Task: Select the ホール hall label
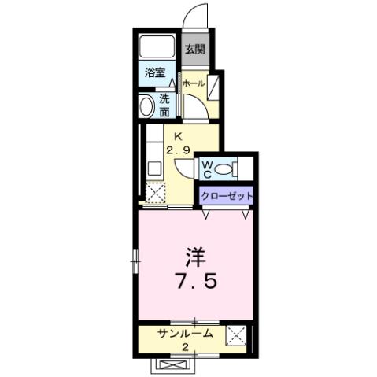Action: point(194,83)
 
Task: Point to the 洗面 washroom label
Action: point(164,105)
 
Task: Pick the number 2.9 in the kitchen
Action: point(178,150)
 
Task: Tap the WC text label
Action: point(205,168)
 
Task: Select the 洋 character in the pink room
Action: point(196,257)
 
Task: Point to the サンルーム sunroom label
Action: point(184,334)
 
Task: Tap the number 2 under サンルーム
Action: point(185,348)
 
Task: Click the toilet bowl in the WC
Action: point(224,168)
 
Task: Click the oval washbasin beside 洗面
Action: point(146,105)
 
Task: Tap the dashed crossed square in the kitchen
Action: point(156,192)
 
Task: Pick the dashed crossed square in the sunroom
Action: point(236,337)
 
